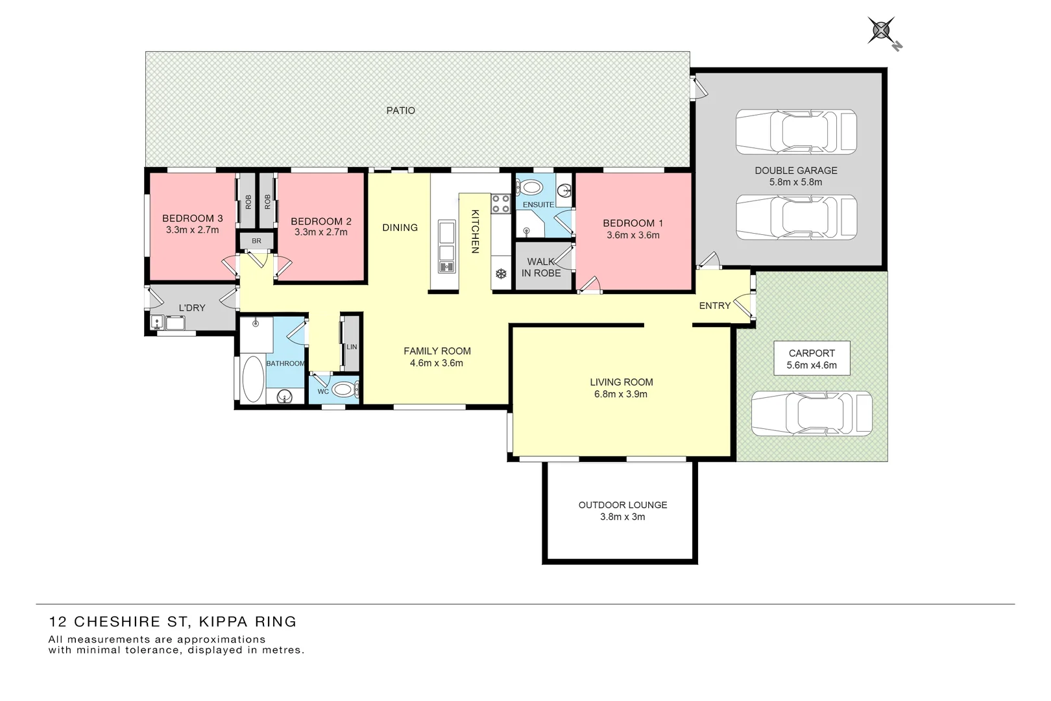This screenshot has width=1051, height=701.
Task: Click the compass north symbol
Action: point(882,31)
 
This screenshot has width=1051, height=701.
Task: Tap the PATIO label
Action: point(400,110)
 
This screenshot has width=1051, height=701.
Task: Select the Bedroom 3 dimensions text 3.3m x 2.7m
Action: point(192,230)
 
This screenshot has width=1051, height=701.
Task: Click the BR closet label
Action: point(256,241)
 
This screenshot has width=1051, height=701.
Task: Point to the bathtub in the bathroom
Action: point(252,378)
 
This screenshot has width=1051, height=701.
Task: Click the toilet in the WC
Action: point(343,390)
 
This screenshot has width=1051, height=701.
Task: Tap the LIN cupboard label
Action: point(352,347)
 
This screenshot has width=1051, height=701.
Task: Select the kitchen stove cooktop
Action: point(500,204)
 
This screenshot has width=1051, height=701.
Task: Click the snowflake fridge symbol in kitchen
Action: point(501,274)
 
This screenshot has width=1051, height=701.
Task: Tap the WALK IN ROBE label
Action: point(541,267)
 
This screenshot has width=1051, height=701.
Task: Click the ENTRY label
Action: point(714,306)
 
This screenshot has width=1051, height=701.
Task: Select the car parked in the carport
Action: point(812,413)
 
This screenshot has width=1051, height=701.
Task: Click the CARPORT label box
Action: point(812,358)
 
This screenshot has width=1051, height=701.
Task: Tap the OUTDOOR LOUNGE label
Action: point(622,505)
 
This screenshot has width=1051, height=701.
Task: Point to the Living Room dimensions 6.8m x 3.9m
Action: point(620,394)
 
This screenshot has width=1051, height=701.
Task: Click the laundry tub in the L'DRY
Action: point(175,322)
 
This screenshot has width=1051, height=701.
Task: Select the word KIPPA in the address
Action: point(223,622)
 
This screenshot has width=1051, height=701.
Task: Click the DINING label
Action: point(400,228)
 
